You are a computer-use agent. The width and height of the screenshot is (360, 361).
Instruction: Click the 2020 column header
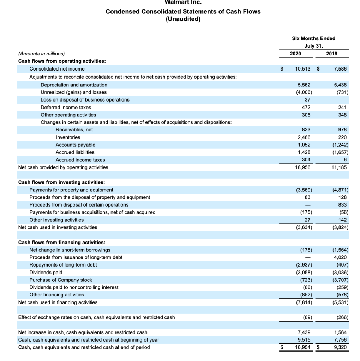pos(295,54)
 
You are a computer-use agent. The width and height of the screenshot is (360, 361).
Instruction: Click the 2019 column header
pos(332,54)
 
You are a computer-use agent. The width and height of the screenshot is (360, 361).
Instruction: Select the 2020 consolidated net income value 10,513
pos(302,69)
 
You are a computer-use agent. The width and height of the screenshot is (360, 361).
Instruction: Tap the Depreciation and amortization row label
pos(74,85)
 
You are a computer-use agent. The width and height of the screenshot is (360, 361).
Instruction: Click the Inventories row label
pos(68,137)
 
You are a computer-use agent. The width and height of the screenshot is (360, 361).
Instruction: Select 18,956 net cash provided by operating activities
pos(303,167)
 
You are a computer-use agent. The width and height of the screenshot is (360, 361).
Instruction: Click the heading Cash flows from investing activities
pos(61,182)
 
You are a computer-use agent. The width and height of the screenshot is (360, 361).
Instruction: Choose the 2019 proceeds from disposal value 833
pos(342,205)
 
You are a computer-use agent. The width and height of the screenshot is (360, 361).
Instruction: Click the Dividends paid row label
pos(46,273)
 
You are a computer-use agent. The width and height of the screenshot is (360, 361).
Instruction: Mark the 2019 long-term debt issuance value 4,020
pos(340,257)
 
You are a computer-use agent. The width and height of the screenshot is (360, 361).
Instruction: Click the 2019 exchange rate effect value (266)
pos(341,317)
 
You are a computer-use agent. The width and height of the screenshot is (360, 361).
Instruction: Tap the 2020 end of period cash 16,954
pos(303,348)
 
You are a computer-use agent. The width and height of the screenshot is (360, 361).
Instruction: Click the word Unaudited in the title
pos(183,19)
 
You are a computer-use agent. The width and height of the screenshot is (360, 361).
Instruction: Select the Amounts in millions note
pos(41,54)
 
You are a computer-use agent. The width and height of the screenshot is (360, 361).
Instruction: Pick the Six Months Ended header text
pos(314,38)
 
